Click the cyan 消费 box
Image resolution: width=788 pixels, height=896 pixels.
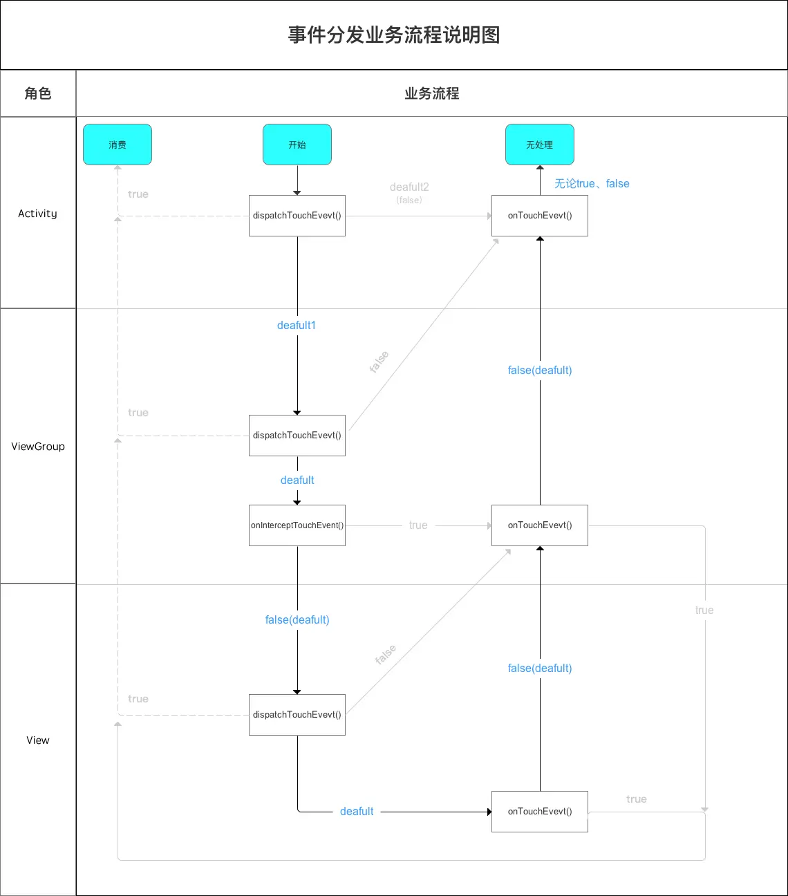tap(118, 144)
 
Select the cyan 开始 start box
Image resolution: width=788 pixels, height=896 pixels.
tap(297, 144)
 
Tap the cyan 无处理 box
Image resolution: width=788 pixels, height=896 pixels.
tap(540, 144)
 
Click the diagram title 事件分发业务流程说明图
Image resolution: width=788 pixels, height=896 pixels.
tap(394, 35)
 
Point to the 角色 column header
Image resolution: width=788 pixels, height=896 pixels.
tap(38, 93)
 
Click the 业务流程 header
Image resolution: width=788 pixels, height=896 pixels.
tap(432, 93)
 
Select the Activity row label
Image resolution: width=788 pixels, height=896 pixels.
tap(38, 214)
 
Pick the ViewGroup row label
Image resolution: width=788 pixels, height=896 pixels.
tap(38, 447)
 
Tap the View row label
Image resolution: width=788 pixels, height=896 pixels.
tap(38, 740)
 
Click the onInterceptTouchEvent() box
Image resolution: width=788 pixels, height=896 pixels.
tap(297, 525)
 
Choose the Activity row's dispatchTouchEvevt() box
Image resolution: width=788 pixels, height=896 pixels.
tap(297, 216)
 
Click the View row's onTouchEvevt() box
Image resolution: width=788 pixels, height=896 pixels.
tap(540, 812)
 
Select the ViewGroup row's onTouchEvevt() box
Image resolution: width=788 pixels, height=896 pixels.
tap(540, 525)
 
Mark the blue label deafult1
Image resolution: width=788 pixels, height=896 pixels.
tap(297, 326)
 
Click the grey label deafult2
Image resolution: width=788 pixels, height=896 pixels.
tap(409, 187)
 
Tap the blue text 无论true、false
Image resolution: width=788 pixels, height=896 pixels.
tap(592, 184)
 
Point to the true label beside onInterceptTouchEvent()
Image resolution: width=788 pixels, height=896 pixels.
tap(418, 525)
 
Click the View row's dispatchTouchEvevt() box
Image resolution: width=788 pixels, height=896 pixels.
tap(297, 715)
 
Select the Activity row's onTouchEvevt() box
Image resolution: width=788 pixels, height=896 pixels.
tap(540, 216)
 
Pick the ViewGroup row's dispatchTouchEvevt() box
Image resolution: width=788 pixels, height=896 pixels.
tap(297, 436)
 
